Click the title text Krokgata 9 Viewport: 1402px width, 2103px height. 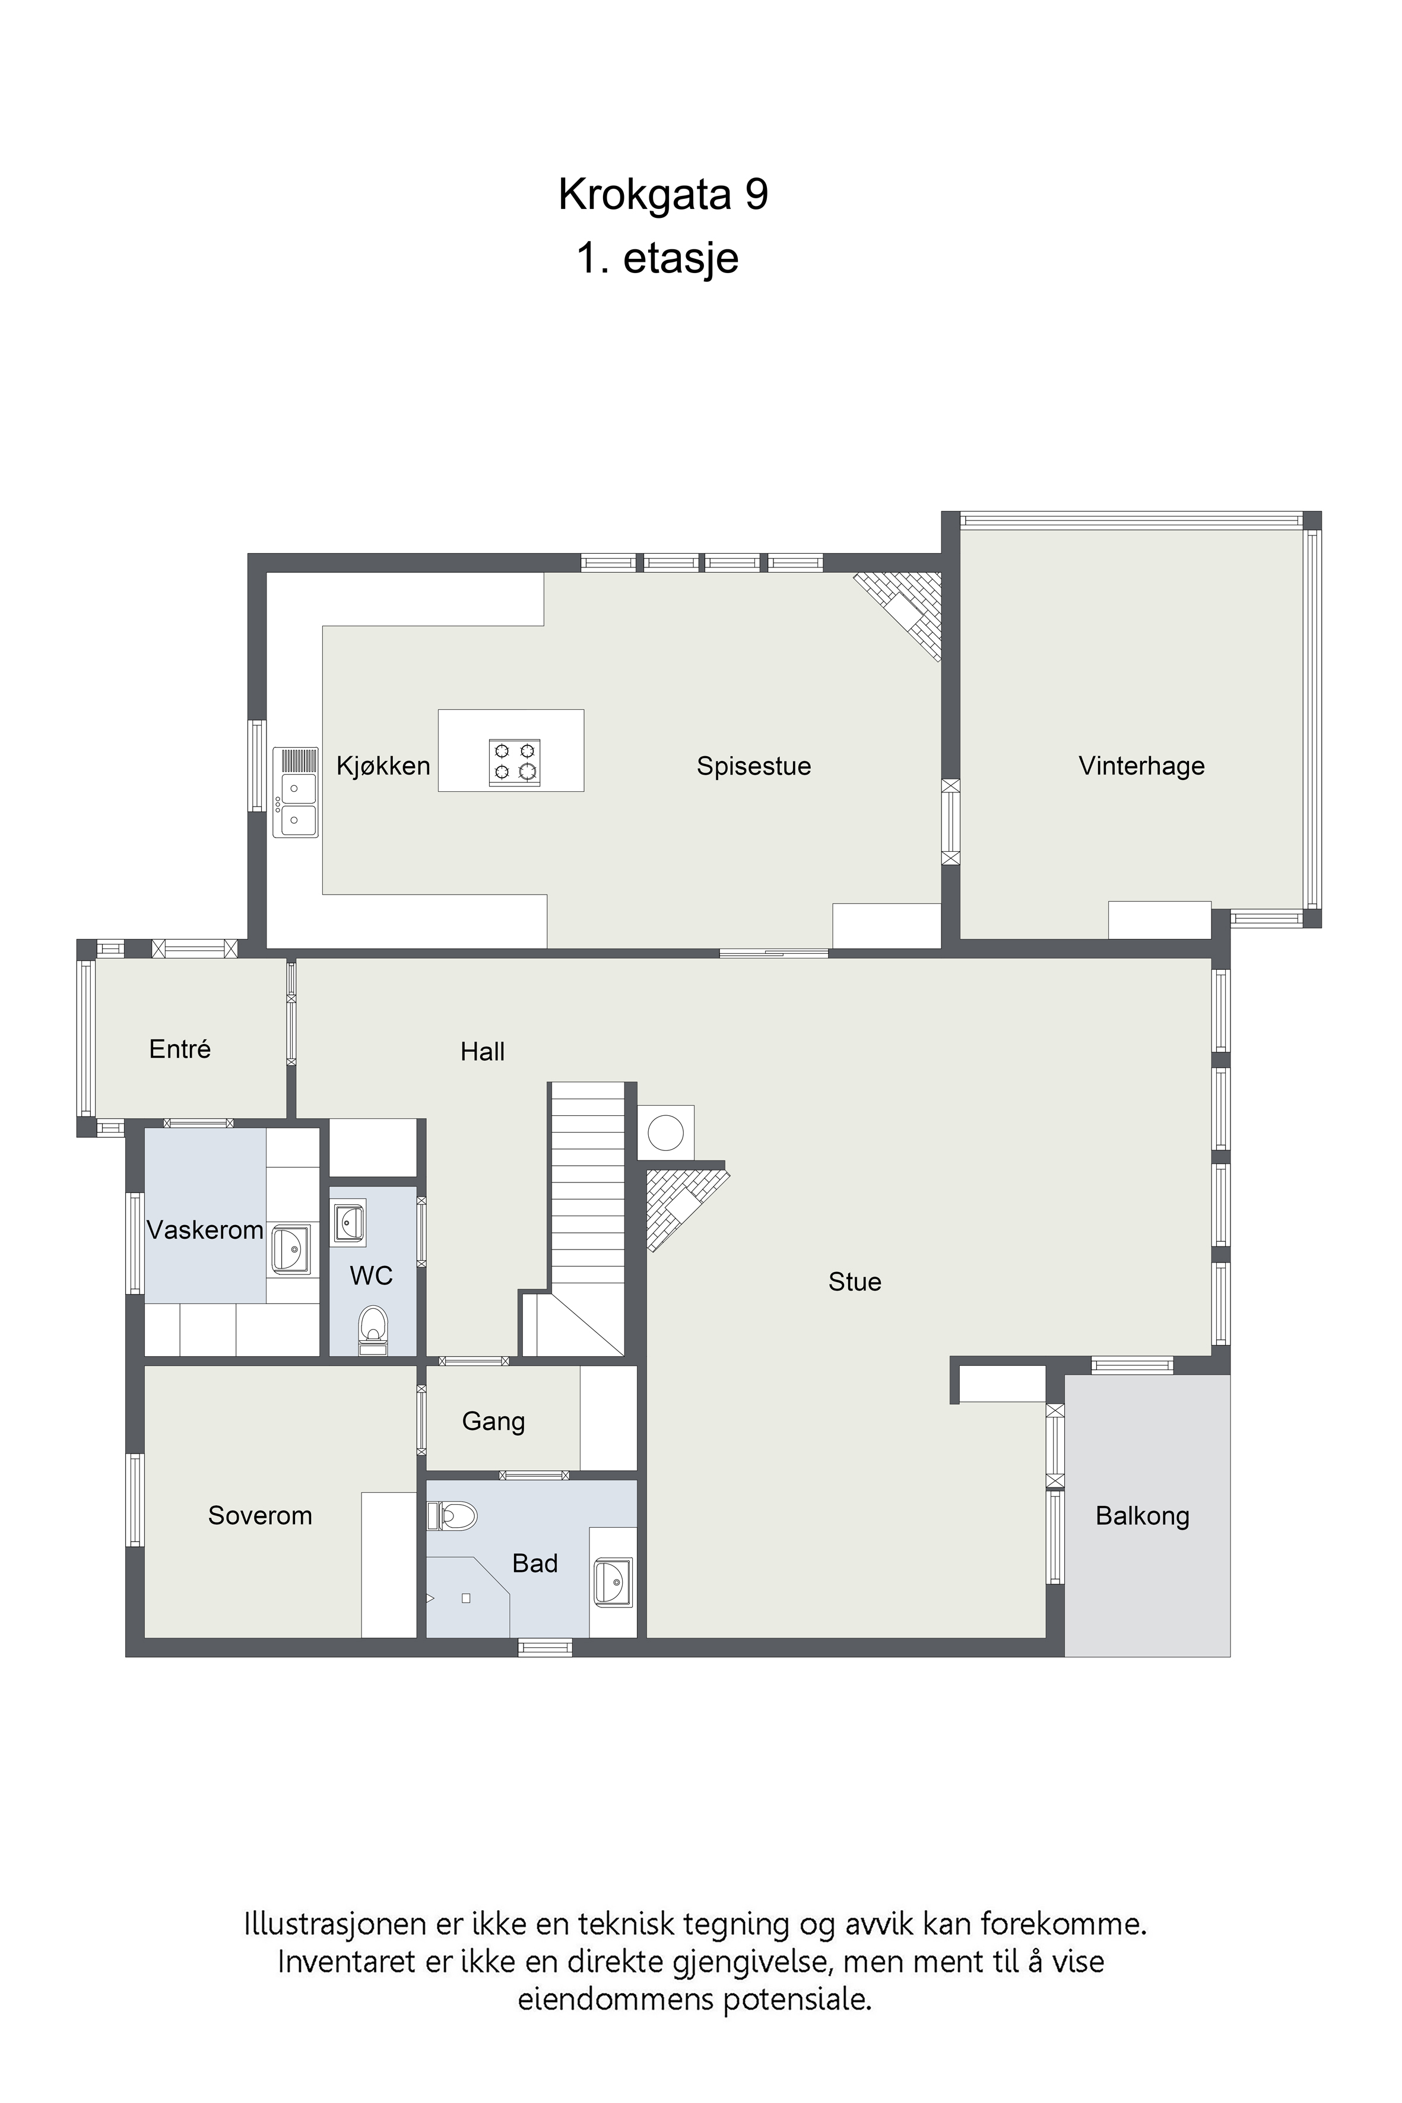tap(664, 194)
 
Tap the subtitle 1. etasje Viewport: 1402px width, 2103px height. tap(658, 258)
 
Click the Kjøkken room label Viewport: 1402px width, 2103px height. tap(383, 766)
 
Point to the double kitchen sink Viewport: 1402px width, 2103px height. tap(296, 792)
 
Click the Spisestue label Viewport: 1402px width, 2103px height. tap(754, 766)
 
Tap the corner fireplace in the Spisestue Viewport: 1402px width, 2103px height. tap(903, 613)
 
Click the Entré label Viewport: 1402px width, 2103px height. tap(180, 1049)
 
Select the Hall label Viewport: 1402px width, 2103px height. tap(482, 1052)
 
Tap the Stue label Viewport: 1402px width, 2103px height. tap(855, 1282)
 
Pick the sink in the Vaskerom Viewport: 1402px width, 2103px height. tap(291, 1249)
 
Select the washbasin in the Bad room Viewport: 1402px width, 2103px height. tap(613, 1582)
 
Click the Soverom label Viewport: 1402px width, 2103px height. tap(260, 1515)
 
